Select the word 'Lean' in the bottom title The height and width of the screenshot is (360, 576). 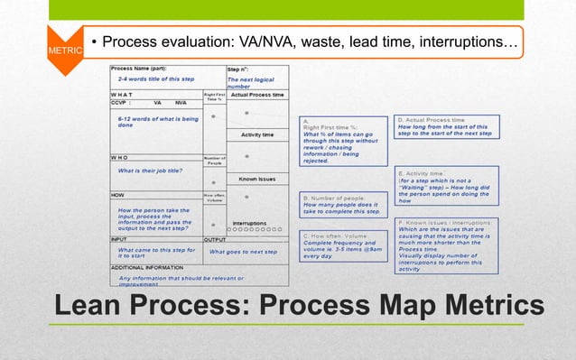pyautogui.click(x=98, y=305)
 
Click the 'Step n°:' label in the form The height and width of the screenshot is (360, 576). pyautogui.click(x=238, y=69)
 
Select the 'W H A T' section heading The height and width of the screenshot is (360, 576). pyautogui.click(x=124, y=94)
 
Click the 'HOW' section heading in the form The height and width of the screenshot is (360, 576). pyautogui.click(x=117, y=194)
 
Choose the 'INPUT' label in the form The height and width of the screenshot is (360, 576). pyautogui.click(x=120, y=239)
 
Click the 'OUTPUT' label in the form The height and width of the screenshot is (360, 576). pyautogui.click(x=216, y=239)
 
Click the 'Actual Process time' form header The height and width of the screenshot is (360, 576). pyautogui.click(x=257, y=94)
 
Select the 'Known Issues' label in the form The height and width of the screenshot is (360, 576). pyautogui.click(x=257, y=179)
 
